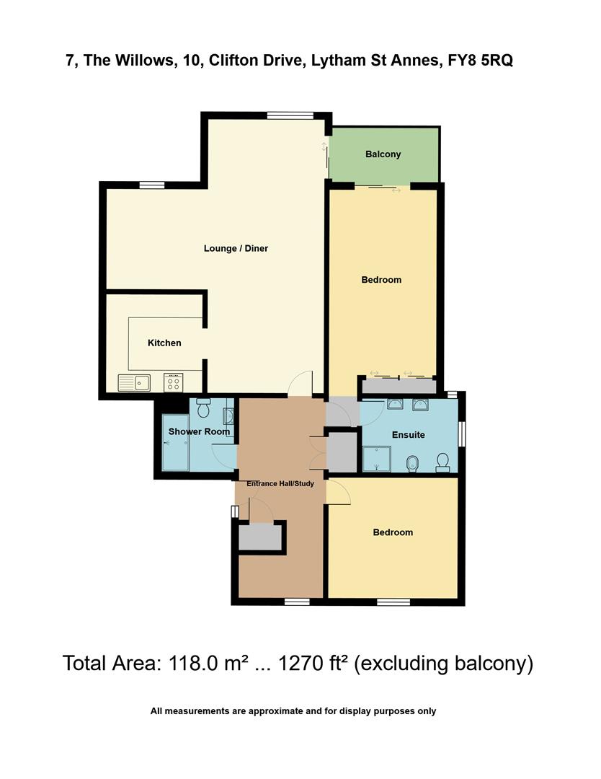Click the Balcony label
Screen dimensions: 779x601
[x=383, y=154]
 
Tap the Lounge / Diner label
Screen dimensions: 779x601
[x=236, y=249]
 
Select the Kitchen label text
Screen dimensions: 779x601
[x=164, y=343]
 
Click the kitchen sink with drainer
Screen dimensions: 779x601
[x=134, y=382]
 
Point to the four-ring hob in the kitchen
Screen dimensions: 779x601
[x=174, y=382]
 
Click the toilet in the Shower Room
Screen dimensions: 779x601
[x=203, y=409]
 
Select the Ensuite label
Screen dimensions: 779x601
[x=408, y=435]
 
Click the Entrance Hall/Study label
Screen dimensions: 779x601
[x=280, y=483]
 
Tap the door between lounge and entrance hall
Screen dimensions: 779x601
[x=300, y=384]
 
